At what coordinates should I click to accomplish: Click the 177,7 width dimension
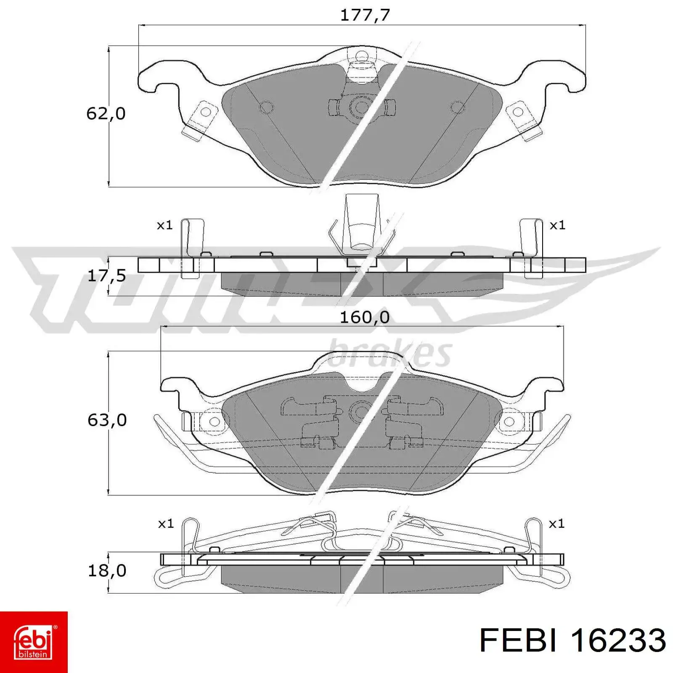(365, 15)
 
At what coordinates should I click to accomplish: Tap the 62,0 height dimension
(106, 114)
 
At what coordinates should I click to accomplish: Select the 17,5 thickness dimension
(107, 276)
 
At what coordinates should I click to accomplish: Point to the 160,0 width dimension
(365, 317)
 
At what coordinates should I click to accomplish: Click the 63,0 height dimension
(107, 420)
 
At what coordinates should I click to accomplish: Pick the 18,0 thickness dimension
(107, 570)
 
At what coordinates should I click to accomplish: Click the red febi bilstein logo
(34, 642)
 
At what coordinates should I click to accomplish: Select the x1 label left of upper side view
(165, 225)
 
